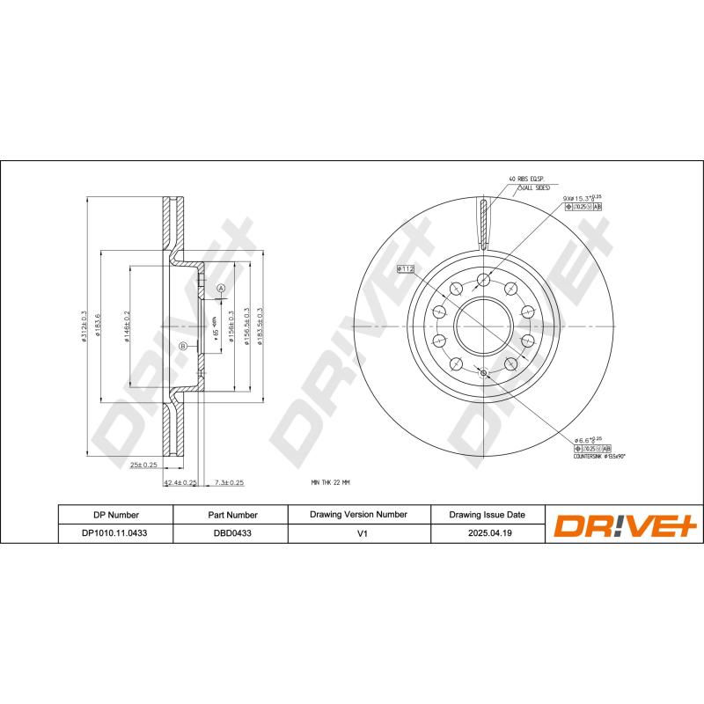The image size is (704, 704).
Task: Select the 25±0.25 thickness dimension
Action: pyautogui.click(x=143, y=464)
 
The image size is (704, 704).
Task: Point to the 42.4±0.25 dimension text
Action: pyautogui.click(x=180, y=482)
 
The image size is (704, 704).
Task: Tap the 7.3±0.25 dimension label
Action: pyautogui.click(x=229, y=482)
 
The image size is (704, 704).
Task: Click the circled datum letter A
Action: pyautogui.click(x=221, y=289)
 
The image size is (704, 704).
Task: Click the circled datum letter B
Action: pyautogui.click(x=183, y=346)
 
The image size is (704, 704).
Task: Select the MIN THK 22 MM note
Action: pyautogui.click(x=331, y=482)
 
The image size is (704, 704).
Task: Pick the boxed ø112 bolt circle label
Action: pyautogui.click(x=406, y=268)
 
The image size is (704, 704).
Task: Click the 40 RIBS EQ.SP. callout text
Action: pyautogui.click(x=526, y=179)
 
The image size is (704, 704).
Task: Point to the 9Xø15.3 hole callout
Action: pyautogui.click(x=581, y=199)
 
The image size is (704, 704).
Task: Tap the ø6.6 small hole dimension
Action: pyautogui.click(x=587, y=439)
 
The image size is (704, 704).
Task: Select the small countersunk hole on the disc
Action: pyautogui.click(x=481, y=372)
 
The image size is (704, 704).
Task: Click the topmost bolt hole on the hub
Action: pyautogui.click(x=482, y=281)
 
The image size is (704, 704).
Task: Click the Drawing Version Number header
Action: pyautogui.click(x=358, y=514)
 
